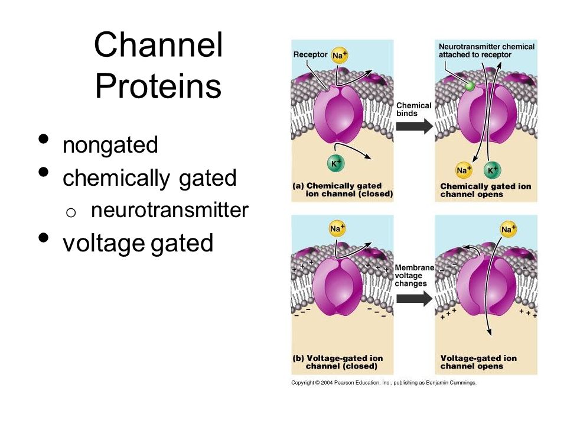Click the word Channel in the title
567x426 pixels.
pyautogui.click(x=158, y=44)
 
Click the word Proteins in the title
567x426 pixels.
pyautogui.click(x=158, y=86)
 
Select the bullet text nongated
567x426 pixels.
pyautogui.click(x=110, y=145)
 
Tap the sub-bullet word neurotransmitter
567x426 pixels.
pyautogui.click(x=170, y=209)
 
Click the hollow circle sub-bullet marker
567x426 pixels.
pyautogui.click(x=71, y=212)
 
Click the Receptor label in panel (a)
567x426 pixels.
pyautogui.click(x=310, y=54)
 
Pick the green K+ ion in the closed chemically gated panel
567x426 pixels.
pyautogui.click(x=336, y=163)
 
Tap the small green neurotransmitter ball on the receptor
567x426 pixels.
pyautogui.click(x=470, y=86)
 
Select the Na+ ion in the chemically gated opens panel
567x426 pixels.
pyautogui.click(x=464, y=170)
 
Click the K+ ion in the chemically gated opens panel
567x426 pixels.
pyautogui.click(x=492, y=170)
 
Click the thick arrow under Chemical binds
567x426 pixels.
pyautogui.click(x=415, y=126)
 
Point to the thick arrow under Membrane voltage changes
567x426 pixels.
pyautogui.click(x=415, y=299)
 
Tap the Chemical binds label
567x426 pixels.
pyautogui.click(x=413, y=109)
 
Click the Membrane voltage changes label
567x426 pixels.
pyautogui.click(x=415, y=275)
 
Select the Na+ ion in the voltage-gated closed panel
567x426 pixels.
pyautogui.click(x=337, y=228)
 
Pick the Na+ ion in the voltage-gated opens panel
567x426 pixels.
pyautogui.click(x=509, y=230)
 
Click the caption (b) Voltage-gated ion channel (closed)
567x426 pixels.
pyautogui.click(x=338, y=362)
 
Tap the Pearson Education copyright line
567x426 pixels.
pyautogui.click(x=384, y=383)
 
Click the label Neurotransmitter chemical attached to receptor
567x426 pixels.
pyautogui.click(x=486, y=51)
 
